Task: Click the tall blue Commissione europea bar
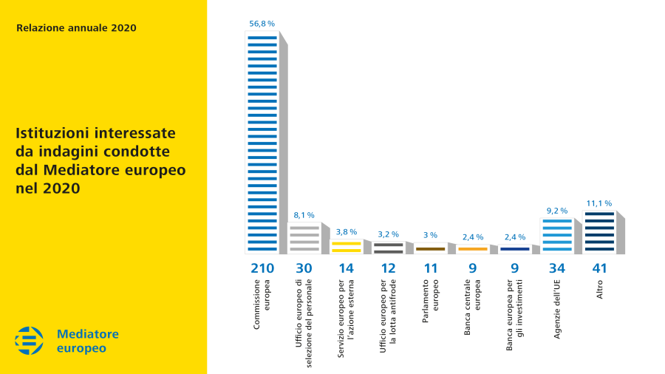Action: tap(262, 144)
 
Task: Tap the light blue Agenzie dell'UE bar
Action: tap(556, 236)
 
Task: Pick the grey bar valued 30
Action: tap(304, 238)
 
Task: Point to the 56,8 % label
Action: tap(262, 24)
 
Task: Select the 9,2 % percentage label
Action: tap(556, 211)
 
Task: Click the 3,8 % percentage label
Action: tap(346, 231)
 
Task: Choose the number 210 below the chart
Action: tap(262, 268)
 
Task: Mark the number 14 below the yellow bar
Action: tap(346, 268)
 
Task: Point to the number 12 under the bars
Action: tap(388, 268)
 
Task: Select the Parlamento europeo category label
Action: tap(430, 305)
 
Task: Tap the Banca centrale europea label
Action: tap(472, 307)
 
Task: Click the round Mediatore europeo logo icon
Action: tap(30, 341)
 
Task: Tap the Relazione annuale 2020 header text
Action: tap(76, 28)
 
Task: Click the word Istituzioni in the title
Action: tap(51, 134)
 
